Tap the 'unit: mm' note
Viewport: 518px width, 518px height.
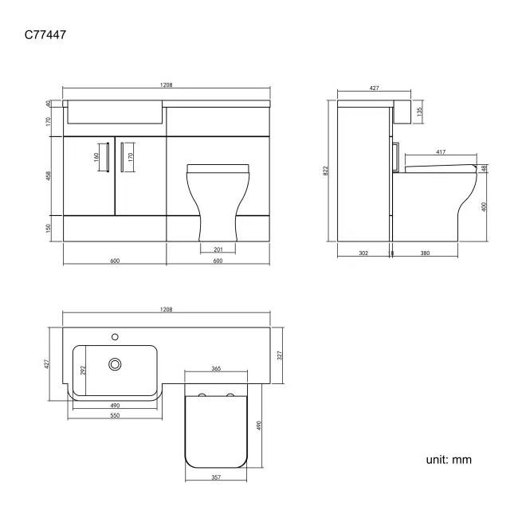click(449, 460)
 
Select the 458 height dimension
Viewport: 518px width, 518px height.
click(49, 175)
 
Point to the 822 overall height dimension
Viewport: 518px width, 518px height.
click(326, 171)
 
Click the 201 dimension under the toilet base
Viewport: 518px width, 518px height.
click(218, 250)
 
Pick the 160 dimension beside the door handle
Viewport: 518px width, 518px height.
click(98, 156)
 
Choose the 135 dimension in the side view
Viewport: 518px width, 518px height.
click(420, 111)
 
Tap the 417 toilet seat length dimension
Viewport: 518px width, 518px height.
click(440, 152)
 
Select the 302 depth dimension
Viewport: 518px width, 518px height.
click(363, 253)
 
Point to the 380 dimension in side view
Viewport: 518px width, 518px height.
click(425, 253)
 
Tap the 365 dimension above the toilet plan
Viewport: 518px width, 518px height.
click(216, 369)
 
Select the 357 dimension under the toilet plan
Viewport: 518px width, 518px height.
click(216, 477)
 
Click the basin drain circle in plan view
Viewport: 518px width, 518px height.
click(116, 364)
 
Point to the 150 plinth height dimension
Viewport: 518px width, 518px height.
click(49, 228)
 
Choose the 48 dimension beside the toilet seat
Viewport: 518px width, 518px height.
click(484, 168)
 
